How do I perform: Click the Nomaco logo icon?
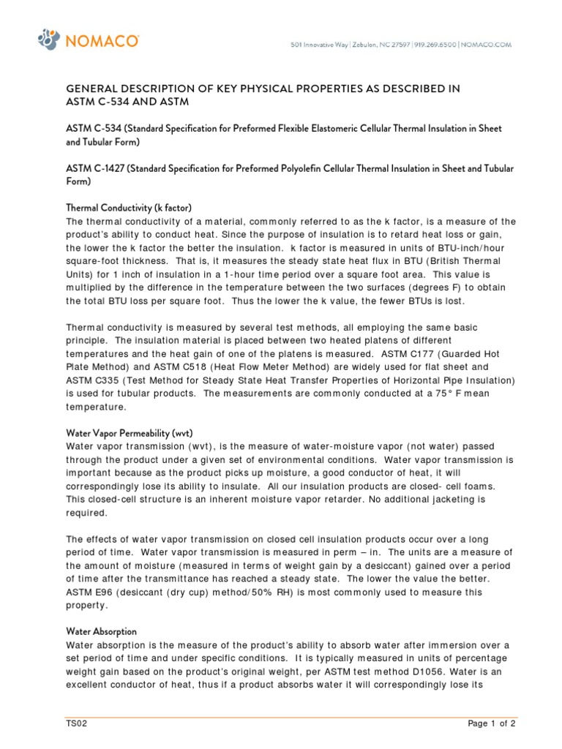(48, 40)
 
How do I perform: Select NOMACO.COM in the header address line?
(487, 45)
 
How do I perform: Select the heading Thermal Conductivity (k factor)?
(129, 208)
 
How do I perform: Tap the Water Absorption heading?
(101, 631)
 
